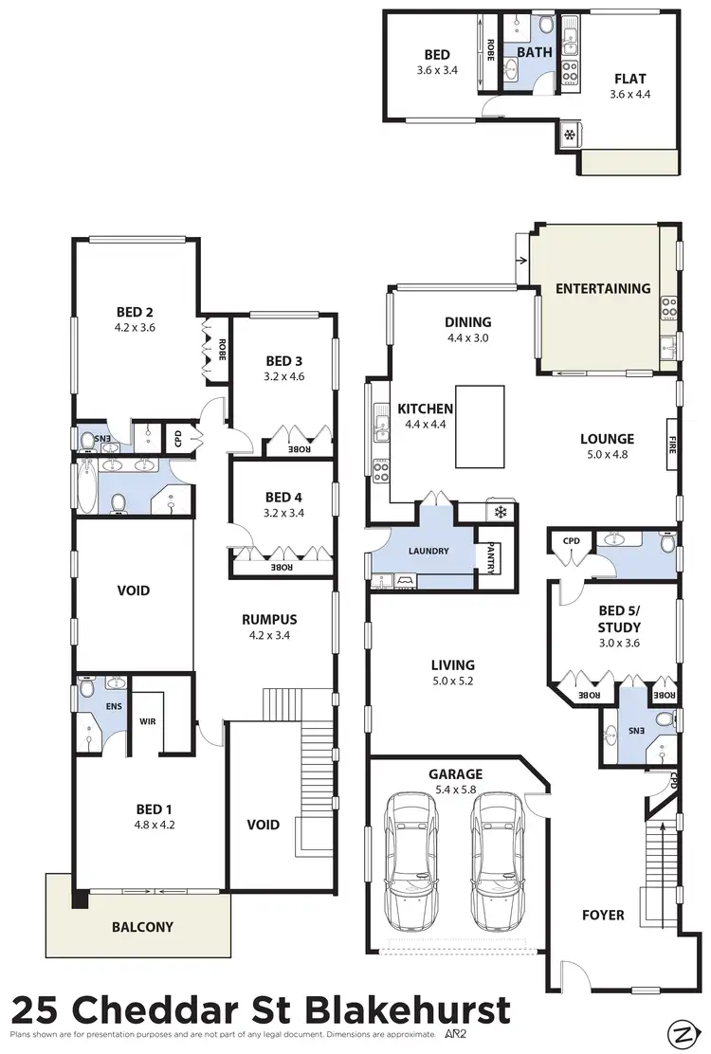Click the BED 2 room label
click(x=135, y=312)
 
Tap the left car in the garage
click(x=410, y=863)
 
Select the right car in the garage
click(x=497, y=863)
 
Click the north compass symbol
click(x=678, y=1027)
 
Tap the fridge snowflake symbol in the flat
click(x=570, y=136)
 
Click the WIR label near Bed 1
click(x=149, y=722)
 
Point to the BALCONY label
click(x=142, y=926)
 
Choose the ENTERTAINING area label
click(x=603, y=288)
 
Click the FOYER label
click(x=603, y=915)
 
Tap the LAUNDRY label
click(x=428, y=551)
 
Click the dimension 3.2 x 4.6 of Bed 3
click(x=284, y=375)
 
